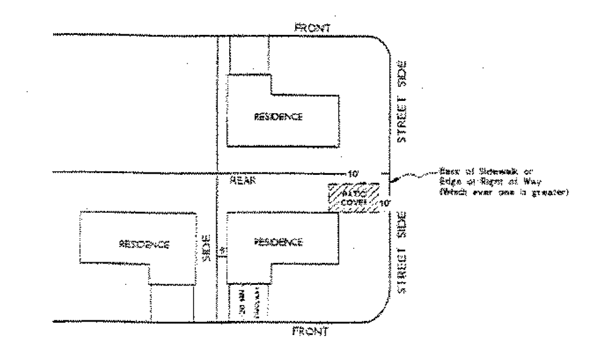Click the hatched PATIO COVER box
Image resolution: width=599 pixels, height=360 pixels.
tap(353, 198)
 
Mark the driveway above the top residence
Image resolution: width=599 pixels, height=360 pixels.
tap(249, 54)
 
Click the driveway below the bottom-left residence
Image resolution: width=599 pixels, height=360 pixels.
tap(172, 302)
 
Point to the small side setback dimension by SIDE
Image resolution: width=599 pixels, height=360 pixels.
tap(222, 251)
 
